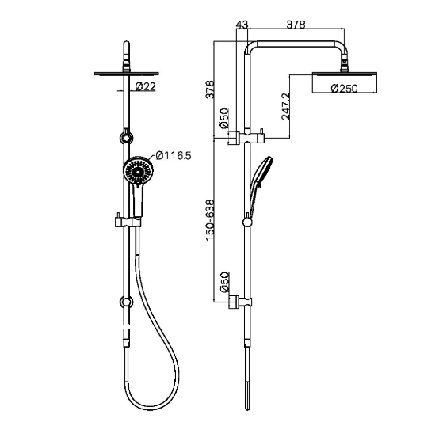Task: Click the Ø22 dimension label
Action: coord(146,86)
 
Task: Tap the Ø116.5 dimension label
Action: coord(174,155)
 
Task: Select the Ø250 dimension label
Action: coord(345,89)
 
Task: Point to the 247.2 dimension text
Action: coord(286,106)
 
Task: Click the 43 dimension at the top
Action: coord(242,25)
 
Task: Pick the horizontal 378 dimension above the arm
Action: coord(296,25)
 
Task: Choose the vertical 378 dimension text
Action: coord(210,89)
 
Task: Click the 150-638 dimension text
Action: coord(210,220)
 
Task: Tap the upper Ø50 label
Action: coord(224,118)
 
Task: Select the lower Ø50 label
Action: coord(224,282)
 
